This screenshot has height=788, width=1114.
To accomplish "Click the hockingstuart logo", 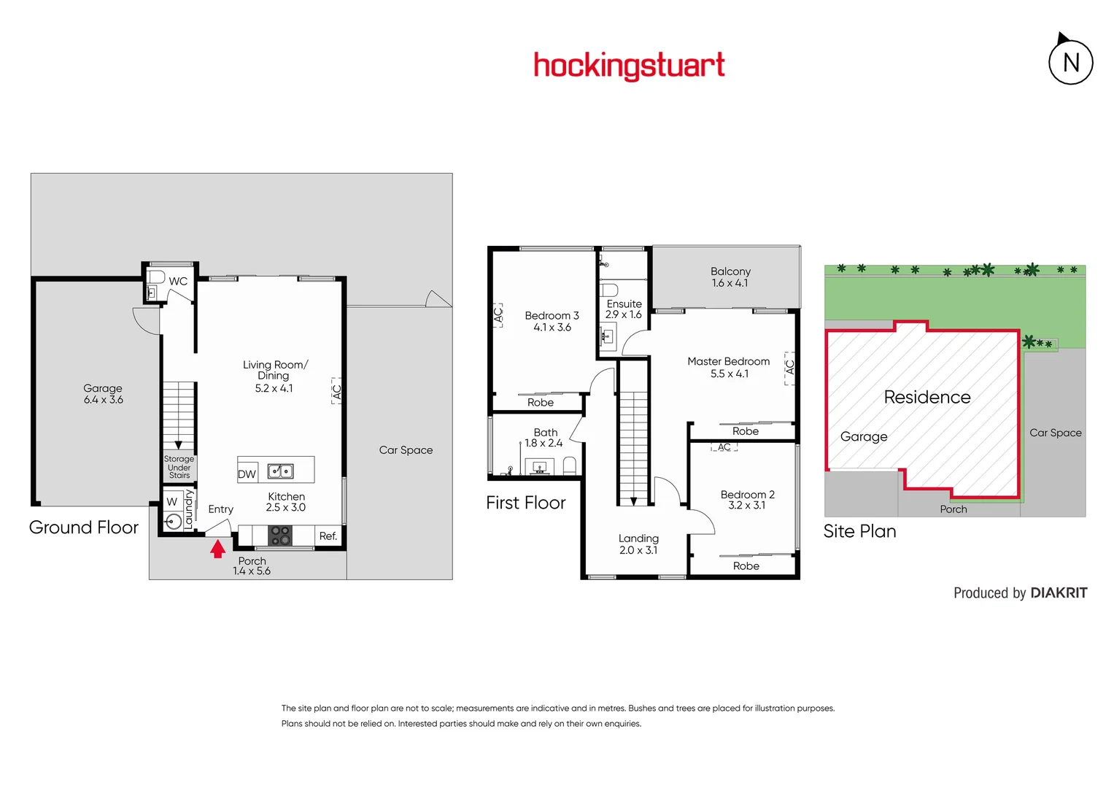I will pyautogui.click(x=629, y=66).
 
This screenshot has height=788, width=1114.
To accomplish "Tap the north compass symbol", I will pyautogui.click(x=1070, y=62).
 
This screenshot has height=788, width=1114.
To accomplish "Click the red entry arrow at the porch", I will pyautogui.click(x=217, y=548).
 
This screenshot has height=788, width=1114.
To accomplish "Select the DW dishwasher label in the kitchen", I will pyautogui.click(x=247, y=474).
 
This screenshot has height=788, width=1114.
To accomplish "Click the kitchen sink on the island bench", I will pyautogui.click(x=280, y=471).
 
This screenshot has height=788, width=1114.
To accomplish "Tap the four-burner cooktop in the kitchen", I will pyautogui.click(x=280, y=536).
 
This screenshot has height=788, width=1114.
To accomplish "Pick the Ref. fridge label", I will pyautogui.click(x=328, y=536).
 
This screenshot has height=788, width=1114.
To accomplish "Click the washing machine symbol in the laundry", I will pyautogui.click(x=174, y=521).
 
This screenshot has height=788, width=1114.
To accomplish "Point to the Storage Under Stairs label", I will pyautogui.click(x=179, y=467).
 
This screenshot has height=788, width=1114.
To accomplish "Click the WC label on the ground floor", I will pyautogui.click(x=178, y=281).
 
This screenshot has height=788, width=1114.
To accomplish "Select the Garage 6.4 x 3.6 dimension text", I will pyautogui.click(x=103, y=400).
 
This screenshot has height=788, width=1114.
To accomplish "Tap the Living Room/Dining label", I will pyautogui.click(x=275, y=370).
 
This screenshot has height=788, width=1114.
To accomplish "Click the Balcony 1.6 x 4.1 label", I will pyautogui.click(x=730, y=277).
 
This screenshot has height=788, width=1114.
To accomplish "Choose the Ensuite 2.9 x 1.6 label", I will pyautogui.click(x=624, y=309).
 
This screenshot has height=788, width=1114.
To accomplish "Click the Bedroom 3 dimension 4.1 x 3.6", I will pyautogui.click(x=552, y=328).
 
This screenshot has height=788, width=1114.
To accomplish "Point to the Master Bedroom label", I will pyautogui.click(x=728, y=361).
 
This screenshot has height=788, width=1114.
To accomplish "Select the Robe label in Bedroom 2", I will pyautogui.click(x=746, y=566).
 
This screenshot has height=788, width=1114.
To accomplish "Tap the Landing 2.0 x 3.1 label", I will pyautogui.click(x=638, y=544).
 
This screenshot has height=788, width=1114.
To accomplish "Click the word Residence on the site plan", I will pyautogui.click(x=927, y=397).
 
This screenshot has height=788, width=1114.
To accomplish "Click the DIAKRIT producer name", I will pyautogui.click(x=1059, y=593).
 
